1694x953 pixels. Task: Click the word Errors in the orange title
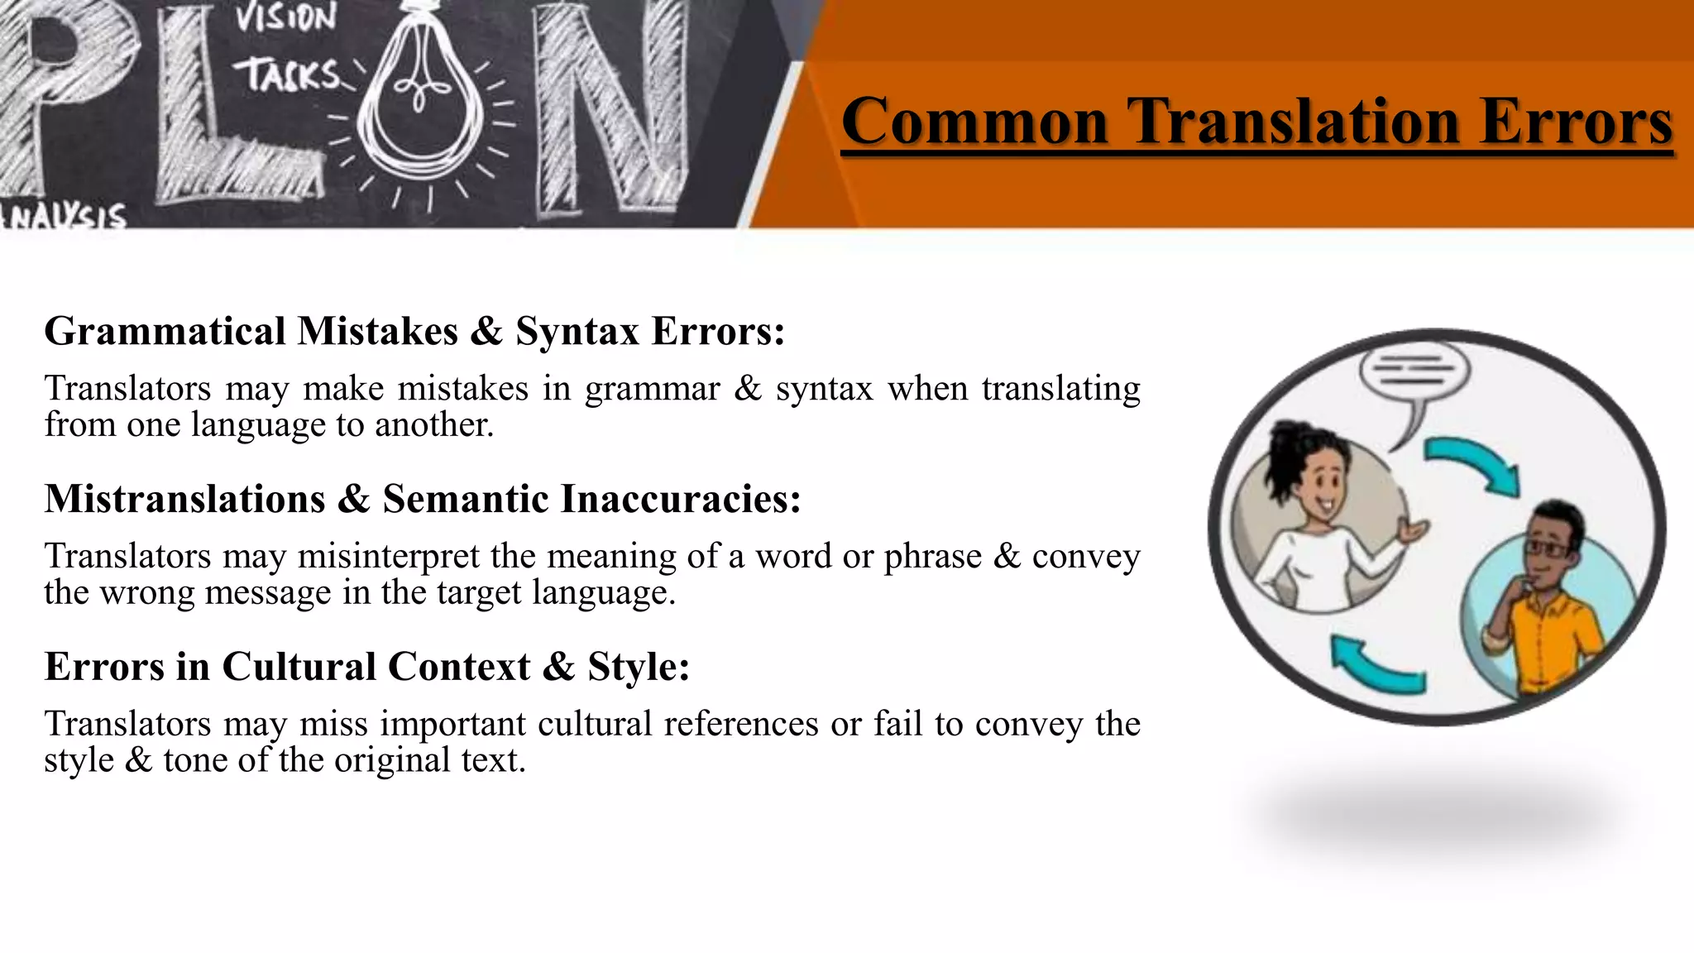(x=1577, y=122)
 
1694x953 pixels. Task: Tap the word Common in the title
(x=974, y=122)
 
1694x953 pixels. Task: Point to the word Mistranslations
(x=184, y=499)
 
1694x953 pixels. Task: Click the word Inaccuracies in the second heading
(x=680, y=499)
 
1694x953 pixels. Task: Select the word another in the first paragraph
(x=434, y=425)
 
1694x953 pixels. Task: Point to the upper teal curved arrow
(x=1477, y=465)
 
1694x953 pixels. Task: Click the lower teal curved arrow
(x=1375, y=663)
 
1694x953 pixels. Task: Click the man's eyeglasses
(x=1547, y=548)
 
